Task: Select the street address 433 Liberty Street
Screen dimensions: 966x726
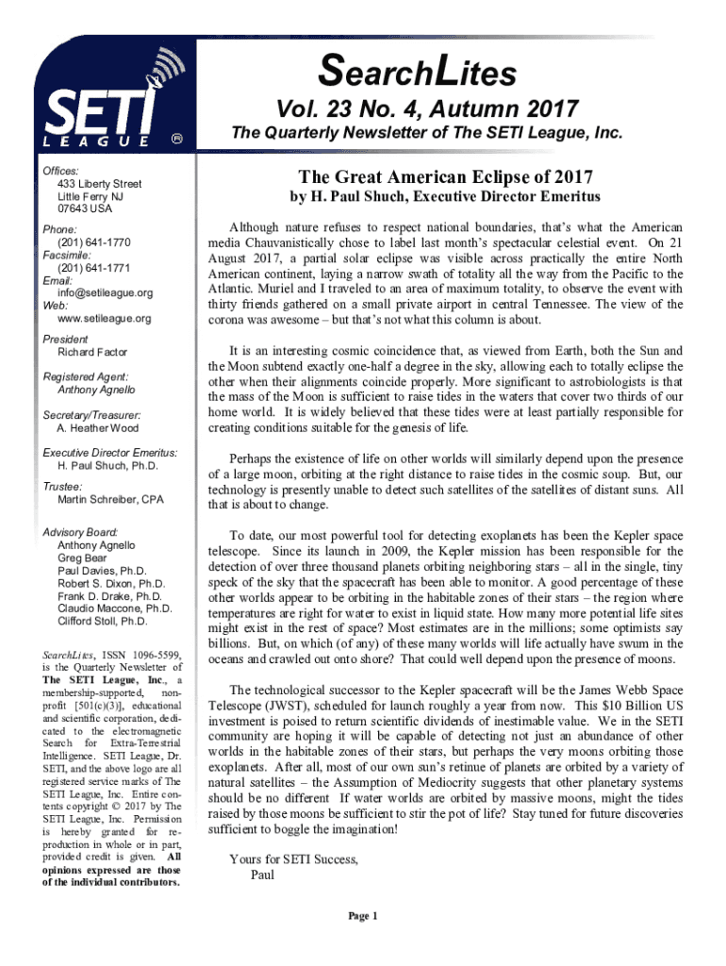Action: [x=99, y=183]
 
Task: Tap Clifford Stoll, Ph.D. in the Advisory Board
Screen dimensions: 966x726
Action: [x=103, y=622]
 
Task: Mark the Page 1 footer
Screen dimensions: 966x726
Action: [x=363, y=916]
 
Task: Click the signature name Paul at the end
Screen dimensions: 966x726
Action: [x=263, y=874]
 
